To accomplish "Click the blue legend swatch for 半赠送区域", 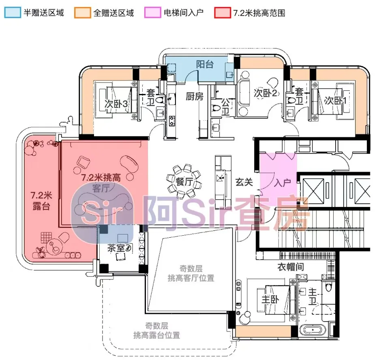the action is click(x=12, y=12).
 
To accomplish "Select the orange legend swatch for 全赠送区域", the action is click(x=82, y=12).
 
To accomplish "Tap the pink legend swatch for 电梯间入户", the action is click(x=152, y=12).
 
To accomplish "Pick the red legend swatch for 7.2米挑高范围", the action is click(x=223, y=12).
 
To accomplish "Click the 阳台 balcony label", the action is click(x=205, y=64).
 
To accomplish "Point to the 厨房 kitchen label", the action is click(x=194, y=96).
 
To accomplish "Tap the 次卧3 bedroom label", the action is click(x=116, y=104).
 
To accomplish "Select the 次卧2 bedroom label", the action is click(x=265, y=93).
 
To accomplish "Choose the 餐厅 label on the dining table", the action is click(x=184, y=181).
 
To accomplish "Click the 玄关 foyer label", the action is click(x=244, y=182).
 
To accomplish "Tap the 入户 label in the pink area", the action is click(x=282, y=183).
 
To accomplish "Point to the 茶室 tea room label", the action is click(x=116, y=248).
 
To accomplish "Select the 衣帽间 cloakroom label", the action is click(x=291, y=267).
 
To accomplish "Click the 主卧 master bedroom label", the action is click(x=270, y=299).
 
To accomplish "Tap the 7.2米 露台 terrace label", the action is click(x=41, y=200).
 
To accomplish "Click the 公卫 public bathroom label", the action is click(x=225, y=107).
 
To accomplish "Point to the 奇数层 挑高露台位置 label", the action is click(x=156, y=330).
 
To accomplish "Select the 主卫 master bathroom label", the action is click(x=313, y=297).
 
